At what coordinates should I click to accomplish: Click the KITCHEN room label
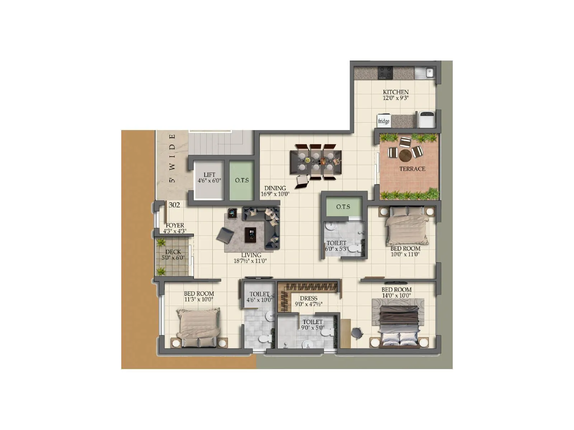pos(396,92)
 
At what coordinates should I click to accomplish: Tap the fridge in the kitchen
pos(384,121)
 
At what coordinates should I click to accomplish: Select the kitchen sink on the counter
pos(425,73)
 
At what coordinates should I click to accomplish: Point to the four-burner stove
pos(386,73)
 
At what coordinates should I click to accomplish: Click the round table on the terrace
pos(405,155)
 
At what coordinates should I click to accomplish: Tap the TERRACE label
pos(412,169)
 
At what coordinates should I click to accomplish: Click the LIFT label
pos(209,175)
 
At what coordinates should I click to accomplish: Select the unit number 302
pos(174,205)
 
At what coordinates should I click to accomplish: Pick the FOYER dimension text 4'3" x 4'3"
pos(175,231)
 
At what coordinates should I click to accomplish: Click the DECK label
pos(173,252)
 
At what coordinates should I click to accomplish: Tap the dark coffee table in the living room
pos(250,234)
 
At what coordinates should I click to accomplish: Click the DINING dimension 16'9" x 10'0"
pos(275,194)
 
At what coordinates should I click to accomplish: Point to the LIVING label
pos(251,255)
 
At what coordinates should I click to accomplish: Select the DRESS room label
pos(309,298)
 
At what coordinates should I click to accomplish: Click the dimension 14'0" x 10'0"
pos(396,296)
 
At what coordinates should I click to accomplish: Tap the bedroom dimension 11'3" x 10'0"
pos(198,300)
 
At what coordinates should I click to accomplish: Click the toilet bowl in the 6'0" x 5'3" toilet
pos(355,248)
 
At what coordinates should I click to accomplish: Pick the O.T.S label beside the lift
pos(242,180)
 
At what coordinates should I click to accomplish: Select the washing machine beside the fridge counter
pos(427,119)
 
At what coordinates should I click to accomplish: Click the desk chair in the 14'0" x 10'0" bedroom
pos(357,333)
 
